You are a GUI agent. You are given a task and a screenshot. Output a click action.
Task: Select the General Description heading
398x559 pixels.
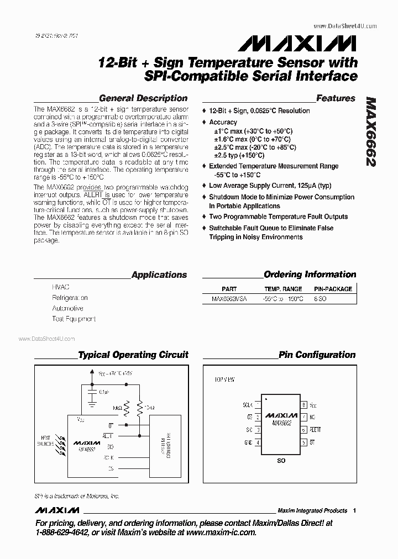(x=143, y=98)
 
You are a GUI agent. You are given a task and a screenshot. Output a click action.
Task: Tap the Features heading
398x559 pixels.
(x=336, y=98)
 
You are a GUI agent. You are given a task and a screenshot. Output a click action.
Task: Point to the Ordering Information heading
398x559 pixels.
(x=310, y=275)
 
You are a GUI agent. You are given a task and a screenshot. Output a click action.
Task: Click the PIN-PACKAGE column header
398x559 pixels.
(x=333, y=289)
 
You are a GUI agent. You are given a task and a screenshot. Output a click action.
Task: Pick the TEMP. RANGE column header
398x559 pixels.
(x=283, y=289)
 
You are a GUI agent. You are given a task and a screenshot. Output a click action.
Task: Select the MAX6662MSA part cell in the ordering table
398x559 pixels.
(x=229, y=299)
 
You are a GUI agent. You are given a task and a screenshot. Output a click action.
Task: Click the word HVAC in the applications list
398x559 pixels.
(x=61, y=288)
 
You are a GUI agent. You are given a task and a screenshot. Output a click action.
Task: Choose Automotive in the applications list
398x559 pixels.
(x=67, y=308)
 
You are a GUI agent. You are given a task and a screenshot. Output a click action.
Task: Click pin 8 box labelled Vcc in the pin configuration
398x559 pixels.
(x=303, y=405)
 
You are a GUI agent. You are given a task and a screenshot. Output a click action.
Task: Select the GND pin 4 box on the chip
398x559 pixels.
(x=258, y=442)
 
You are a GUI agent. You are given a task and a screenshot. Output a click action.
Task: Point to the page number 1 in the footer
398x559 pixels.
(x=354, y=510)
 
